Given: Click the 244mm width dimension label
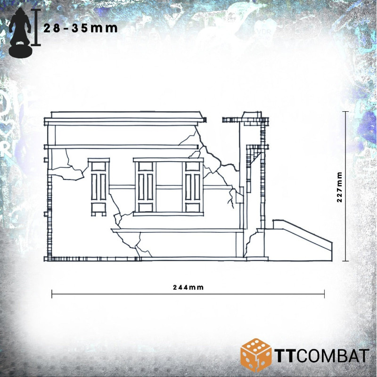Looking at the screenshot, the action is [x=188, y=287].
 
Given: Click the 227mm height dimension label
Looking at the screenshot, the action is [x=339, y=187].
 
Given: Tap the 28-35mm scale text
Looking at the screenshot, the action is [x=81, y=28].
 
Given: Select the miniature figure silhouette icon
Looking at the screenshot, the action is [x=20, y=32].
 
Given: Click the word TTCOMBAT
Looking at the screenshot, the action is [x=321, y=356].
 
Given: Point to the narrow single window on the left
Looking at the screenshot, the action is [x=98, y=187].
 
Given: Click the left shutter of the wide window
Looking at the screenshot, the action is [x=146, y=187].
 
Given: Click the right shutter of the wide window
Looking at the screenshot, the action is [x=193, y=187].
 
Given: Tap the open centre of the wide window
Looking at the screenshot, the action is [x=169, y=187].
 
